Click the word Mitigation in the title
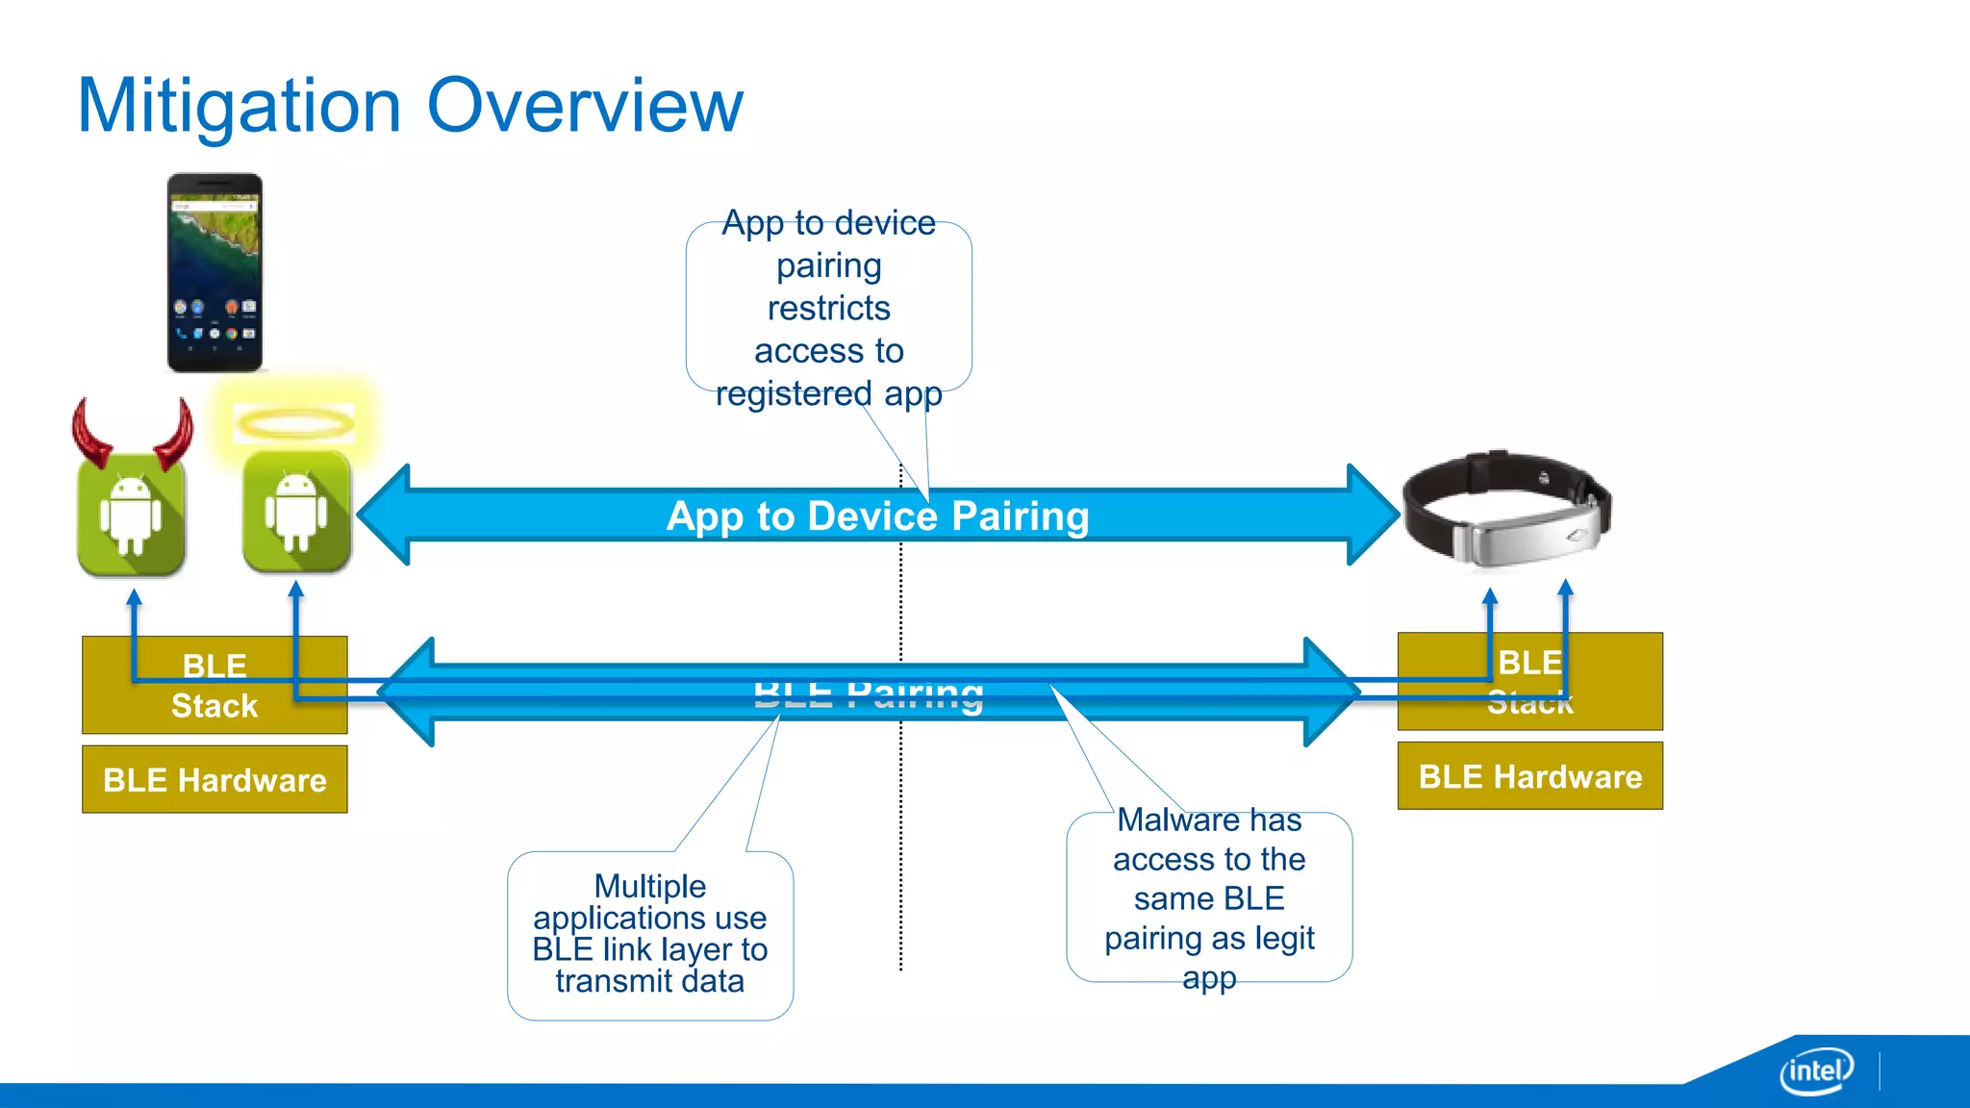pos(239,106)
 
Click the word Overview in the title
pos(584,106)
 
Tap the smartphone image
pos(215,272)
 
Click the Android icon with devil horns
pos(131,515)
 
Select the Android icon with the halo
pos(296,513)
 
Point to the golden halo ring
pos(294,423)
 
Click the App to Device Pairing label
pos(877,516)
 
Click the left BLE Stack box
pos(215,685)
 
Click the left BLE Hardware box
pos(215,779)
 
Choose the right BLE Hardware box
pos(1529,775)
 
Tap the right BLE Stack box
pos(1529,681)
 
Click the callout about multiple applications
pos(650,934)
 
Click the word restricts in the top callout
pos(828,309)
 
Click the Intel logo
pos(1815,1070)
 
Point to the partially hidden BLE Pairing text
pos(869,695)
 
